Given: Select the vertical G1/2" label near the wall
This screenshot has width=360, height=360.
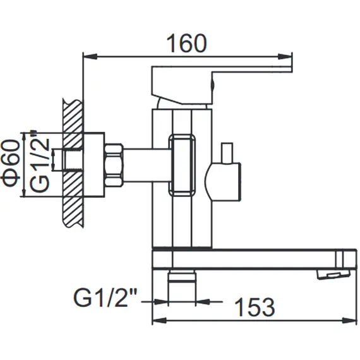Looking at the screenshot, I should [x=40, y=164].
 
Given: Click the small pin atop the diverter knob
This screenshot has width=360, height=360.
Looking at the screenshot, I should [x=226, y=152].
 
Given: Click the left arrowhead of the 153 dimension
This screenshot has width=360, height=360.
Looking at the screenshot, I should [x=156, y=320].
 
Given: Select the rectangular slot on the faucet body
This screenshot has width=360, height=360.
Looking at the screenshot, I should [x=182, y=164].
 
